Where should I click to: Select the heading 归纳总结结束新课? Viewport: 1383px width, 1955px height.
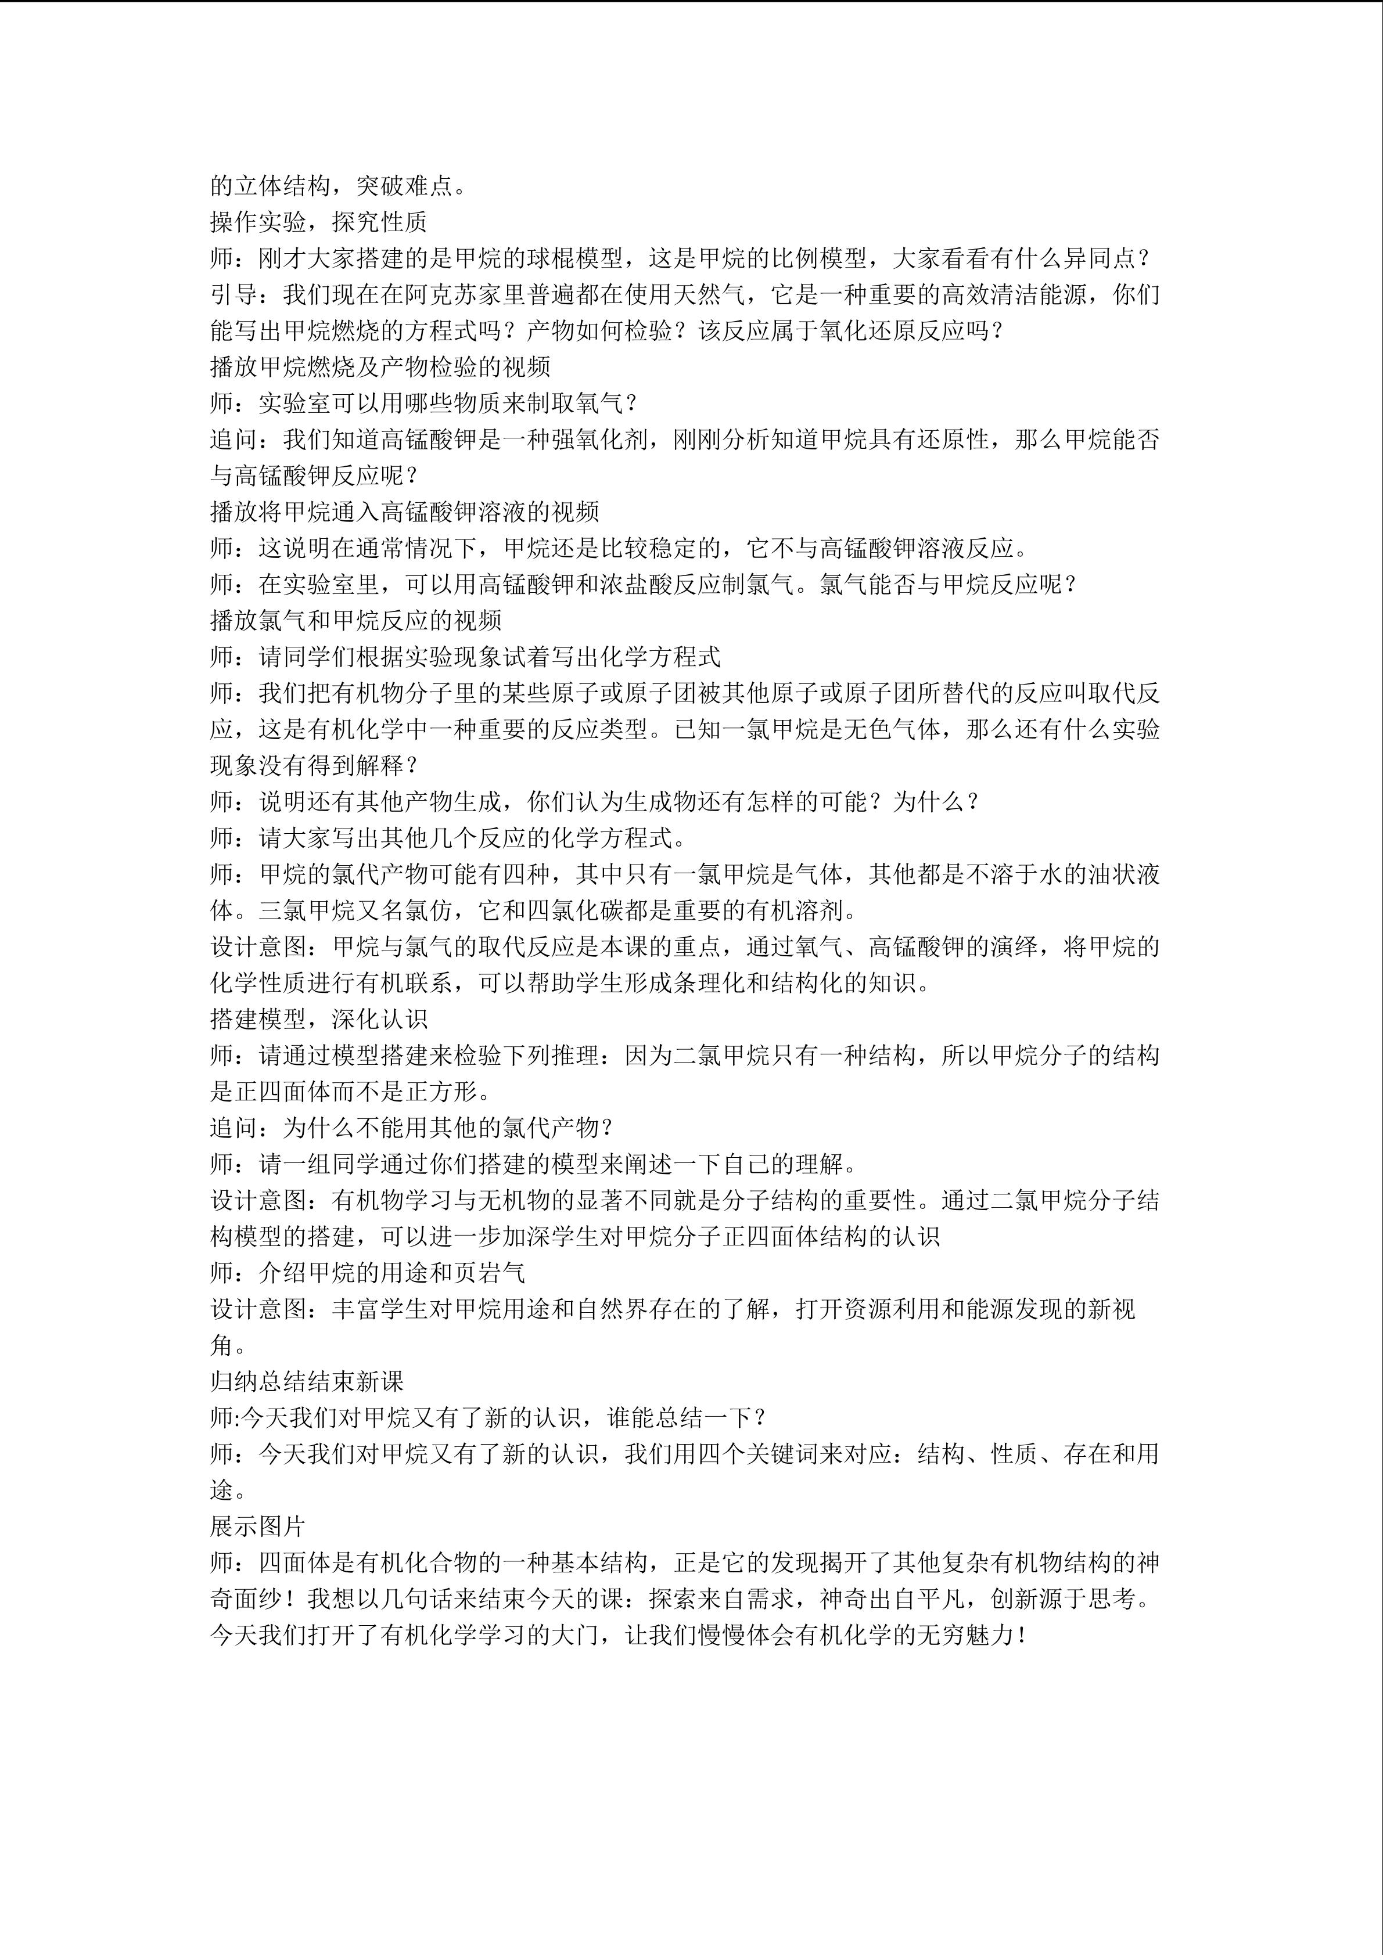point(307,1381)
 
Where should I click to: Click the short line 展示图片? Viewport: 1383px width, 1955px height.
point(258,1526)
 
